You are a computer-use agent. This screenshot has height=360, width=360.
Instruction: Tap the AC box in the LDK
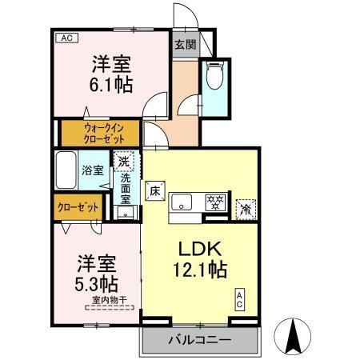[x=239, y=299]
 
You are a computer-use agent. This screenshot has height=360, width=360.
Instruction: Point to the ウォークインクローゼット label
[x=99, y=132]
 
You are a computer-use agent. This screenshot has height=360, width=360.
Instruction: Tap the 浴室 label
[x=92, y=170]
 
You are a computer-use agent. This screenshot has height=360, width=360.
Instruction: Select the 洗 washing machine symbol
[x=124, y=162]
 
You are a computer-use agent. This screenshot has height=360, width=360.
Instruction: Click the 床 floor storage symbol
[x=155, y=191]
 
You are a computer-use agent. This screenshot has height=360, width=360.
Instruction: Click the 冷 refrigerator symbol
[x=246, y=206]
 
